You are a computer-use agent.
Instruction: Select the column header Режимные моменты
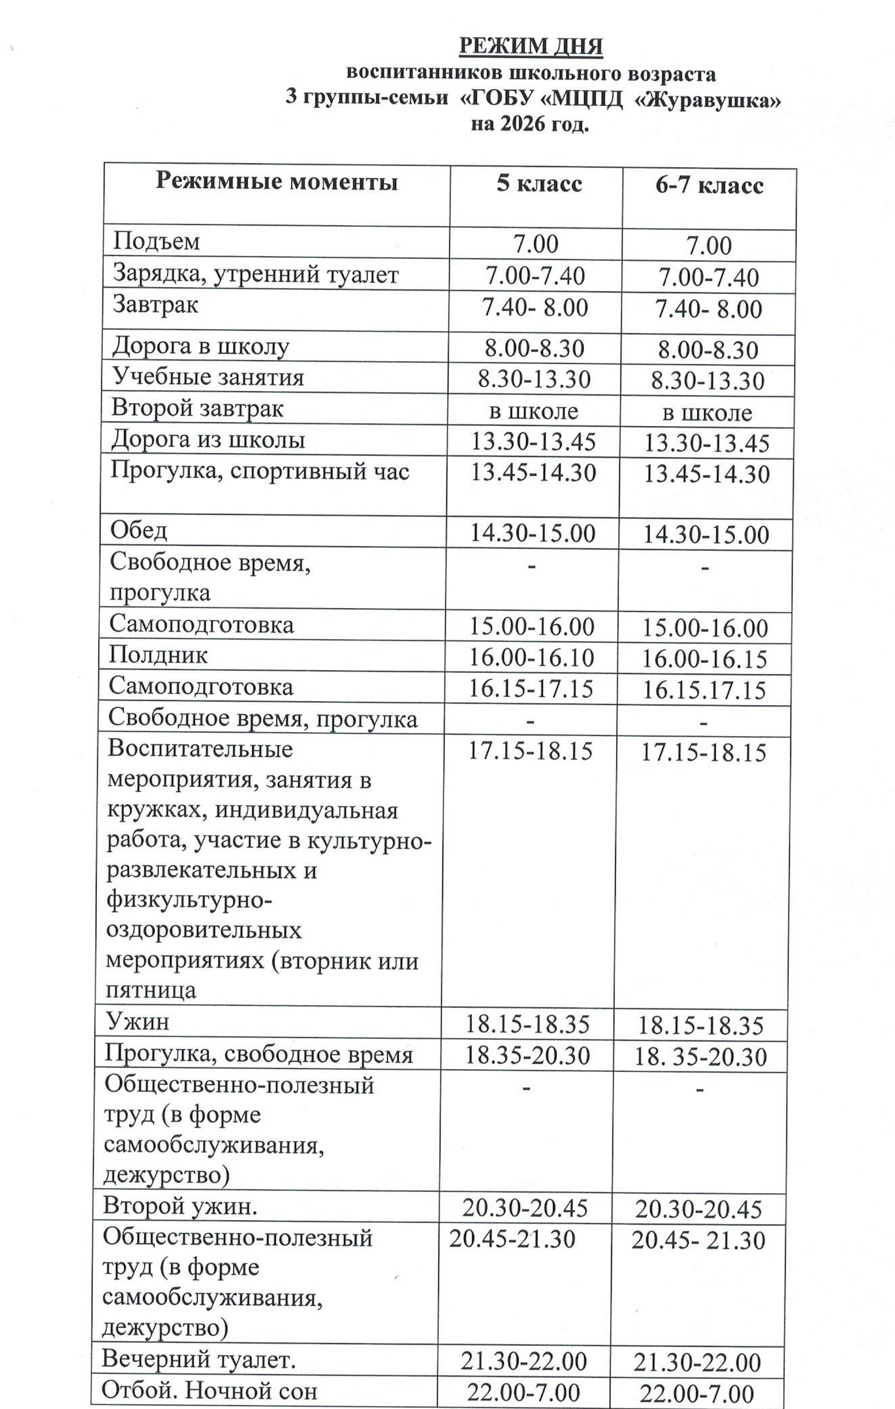point(277,181)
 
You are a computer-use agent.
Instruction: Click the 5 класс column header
point(539,183)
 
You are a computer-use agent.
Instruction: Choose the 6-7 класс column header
point(709,185)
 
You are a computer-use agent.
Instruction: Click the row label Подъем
point(156,241)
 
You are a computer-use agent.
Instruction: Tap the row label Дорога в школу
point(200,346)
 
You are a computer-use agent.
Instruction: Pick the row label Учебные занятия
point(208,377)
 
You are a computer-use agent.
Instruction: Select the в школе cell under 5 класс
point(533,411)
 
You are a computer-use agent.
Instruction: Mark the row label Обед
point(138,531)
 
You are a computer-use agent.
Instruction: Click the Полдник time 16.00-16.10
point(531,657)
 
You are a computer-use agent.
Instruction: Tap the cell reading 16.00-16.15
point(704,659)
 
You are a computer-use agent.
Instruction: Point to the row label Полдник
point(158,655)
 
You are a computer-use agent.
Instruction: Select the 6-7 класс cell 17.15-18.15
point(703,752)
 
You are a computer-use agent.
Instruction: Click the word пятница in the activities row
point(151,990)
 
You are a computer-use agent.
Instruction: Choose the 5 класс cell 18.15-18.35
point(527,1024)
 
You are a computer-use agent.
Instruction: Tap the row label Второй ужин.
point(180,1206)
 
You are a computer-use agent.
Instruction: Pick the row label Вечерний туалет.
point(198,1360)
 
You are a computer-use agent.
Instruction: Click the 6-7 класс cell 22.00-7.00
point(697,1393)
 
